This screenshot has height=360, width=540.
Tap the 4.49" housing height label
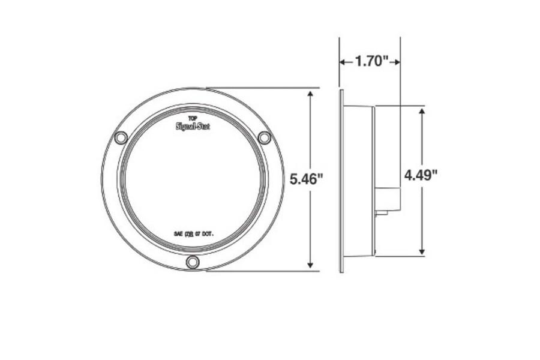421,175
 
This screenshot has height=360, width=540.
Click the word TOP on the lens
193,118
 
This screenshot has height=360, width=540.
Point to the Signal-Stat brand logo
193,126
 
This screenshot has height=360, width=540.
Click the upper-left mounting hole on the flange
121,138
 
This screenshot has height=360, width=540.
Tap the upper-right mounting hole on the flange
264,138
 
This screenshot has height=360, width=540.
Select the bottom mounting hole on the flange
193,262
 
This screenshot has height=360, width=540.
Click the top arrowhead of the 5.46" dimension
310,95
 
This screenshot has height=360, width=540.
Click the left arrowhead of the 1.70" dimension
344,61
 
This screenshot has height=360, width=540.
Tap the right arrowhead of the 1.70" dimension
396,61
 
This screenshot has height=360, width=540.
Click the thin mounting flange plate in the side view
341,180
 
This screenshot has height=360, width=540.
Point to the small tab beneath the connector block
382,212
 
